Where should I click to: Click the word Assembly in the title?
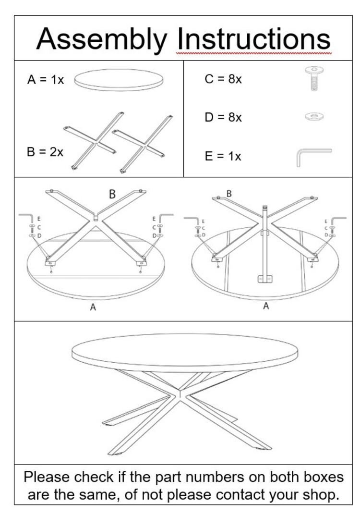pos(101,38)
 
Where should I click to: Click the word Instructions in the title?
pos(254,38)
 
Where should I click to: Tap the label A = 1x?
pos(46,80)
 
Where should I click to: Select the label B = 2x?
pos(45,152)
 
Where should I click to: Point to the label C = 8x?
pos(223,79)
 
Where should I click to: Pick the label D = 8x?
pos(223,117)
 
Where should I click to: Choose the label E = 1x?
pos(223,156)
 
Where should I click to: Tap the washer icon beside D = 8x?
pos(314,116)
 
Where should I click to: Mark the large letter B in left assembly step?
pos(112,194)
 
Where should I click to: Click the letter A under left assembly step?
pos(93,307)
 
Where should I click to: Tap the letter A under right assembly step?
pos(266,306)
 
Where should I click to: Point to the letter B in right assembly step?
pos(229,194)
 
